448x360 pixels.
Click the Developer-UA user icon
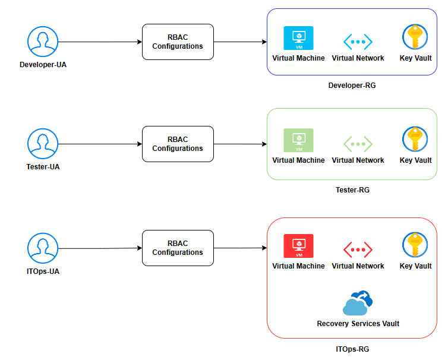click(43, 42)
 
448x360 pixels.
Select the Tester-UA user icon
click(43, 144)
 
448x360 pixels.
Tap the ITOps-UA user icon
click(43, 248)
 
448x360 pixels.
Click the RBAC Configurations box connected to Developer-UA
click(177, 42)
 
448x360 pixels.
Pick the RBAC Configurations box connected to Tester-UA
click(177, 144)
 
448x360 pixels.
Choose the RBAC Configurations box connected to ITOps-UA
click(177, 248)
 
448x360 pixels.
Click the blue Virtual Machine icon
click(298, 39)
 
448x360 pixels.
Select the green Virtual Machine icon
click(298, 141)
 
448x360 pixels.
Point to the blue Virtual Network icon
click(358, 42)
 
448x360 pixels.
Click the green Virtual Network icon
click(358, 144)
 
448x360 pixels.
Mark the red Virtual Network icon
click(358, 250)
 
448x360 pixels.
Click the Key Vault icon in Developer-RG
click(415, 37)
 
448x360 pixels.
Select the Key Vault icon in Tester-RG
click(415, 140)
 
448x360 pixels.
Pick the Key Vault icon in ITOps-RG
click(415, 245)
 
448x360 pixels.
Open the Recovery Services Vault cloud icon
click(358, 303)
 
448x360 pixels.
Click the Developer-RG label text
click(352, 86)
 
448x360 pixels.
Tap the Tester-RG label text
click(352, 190)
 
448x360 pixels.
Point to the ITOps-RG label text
click(352, 349)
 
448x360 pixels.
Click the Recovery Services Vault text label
click(358, 324)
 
